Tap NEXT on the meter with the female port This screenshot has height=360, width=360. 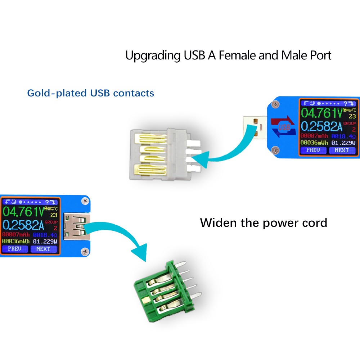[44, 249]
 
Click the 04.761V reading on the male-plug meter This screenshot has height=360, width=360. [321, 113]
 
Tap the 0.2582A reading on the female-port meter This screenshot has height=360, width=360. [24, 225]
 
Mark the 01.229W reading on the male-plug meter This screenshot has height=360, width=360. [343, 143]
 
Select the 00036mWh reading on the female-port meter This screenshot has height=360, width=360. [16, 241]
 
